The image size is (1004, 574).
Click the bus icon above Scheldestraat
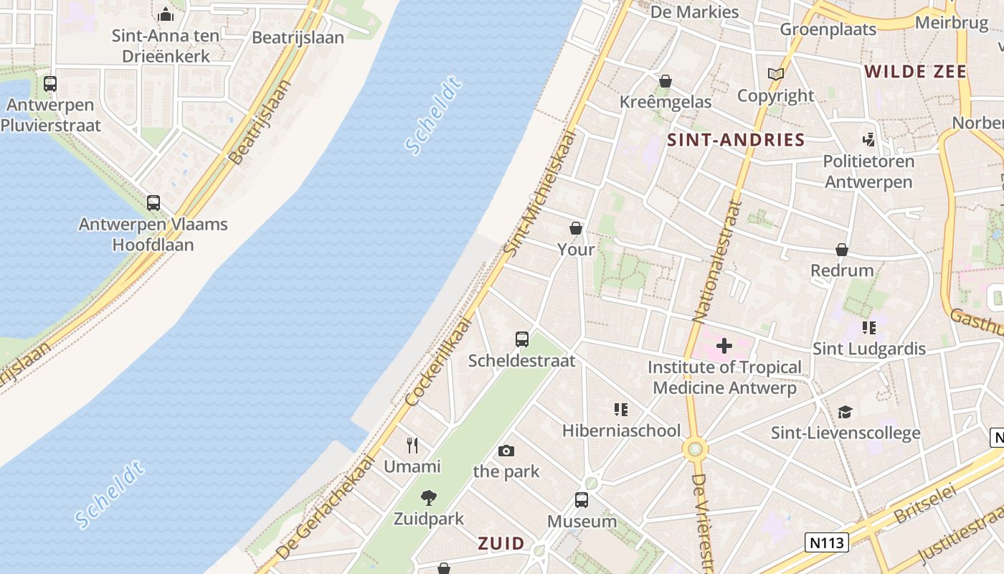pyautogui.click(x=522, y=339)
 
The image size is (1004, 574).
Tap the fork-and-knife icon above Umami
pyautogui.click(x=412, y=446)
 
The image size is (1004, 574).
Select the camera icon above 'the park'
pyautogui.click(x=506, y=451)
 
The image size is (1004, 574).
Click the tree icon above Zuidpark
pyautogui.click(x=429, y=497)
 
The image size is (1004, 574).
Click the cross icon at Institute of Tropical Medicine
pyautogui.click(x=724, y=346)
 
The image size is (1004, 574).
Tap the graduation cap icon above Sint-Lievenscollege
pyautogui.click(x=846, y=412)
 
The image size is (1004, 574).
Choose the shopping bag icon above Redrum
pyautogui.click(x=842, y=250)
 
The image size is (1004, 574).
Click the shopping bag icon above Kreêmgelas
pyautogui.click(x=666, y=81)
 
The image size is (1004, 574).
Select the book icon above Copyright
pyautogui.click(x=775, y=74)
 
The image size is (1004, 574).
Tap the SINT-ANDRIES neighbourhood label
pyautogui.click(x=737, y=140)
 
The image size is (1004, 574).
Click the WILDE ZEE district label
pyautogui.click(x=915, y=71)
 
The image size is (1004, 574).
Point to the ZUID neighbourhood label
pyautogui.click(x=501, y=543)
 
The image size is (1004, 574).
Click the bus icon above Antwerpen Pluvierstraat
pyautogui.click(x=50, y=83)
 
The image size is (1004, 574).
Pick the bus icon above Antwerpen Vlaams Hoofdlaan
pyautogui.click(x=153, y=203)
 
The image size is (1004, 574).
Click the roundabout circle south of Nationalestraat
pyautogui.click(x=695, y=450)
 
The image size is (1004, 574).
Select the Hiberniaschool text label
pyautogui.click(x=621, y=430)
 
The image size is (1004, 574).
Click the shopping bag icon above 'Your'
pyautogui.click(x=576, y=229)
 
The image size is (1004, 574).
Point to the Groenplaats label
pyautogui.click(x=828, y=29)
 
